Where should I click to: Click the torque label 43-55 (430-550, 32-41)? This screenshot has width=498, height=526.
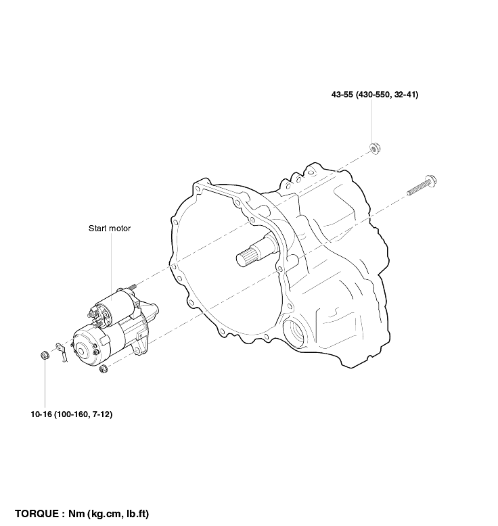(x=375, y=95)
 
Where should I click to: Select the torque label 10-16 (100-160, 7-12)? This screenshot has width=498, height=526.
(x=72, y=414)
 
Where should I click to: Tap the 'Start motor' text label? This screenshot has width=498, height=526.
(x=110, y=229)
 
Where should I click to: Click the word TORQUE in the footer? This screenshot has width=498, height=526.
(x=37, y=514)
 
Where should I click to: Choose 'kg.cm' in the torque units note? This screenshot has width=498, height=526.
(x=105, y=514)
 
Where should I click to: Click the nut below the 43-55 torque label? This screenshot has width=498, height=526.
(x=375, y=148)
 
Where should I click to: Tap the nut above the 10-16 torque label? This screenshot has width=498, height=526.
(x=45, y=355)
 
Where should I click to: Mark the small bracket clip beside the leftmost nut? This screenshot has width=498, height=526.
(x=62, y=352)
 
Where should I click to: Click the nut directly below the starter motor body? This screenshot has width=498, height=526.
(x=104, y=369)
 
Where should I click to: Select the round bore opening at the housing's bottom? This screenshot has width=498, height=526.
(x=296, y=333)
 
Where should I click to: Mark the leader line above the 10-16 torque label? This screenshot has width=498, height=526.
(x=45, y=385)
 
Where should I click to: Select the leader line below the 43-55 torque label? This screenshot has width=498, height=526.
(x=371, y=122)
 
